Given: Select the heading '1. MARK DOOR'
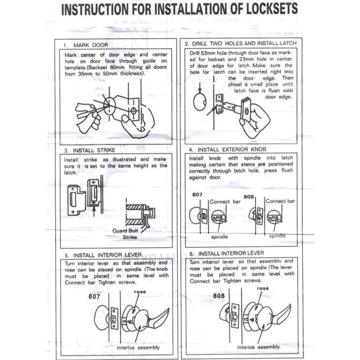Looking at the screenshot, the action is (86, 45).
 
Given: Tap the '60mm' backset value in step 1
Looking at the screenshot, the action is (117, 67).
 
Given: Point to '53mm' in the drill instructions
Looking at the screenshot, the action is (208, 53).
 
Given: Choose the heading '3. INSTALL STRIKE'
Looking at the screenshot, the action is (90, 150).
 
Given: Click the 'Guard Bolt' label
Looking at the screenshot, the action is (125, 231).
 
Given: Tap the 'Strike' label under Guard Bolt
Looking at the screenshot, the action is (130, 237).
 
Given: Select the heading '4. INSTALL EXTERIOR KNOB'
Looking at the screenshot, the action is (227, 150).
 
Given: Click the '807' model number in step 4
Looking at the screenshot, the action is (197, 195).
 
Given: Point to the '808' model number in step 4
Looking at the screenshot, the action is (249, 197).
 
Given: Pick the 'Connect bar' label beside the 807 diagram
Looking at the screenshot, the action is (225, 202).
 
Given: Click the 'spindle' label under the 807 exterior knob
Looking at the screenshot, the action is (219, 237).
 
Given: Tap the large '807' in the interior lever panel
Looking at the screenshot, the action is (94, 296).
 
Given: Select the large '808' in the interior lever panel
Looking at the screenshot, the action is (219, 296).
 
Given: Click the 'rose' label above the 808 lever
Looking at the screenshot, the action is (263, 289).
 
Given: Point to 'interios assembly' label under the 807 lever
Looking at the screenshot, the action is (138, 348).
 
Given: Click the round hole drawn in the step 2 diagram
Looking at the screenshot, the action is (200, 102).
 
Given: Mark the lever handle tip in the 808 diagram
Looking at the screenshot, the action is (291, 305).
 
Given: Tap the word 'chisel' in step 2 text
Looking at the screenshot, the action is (235, 84).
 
